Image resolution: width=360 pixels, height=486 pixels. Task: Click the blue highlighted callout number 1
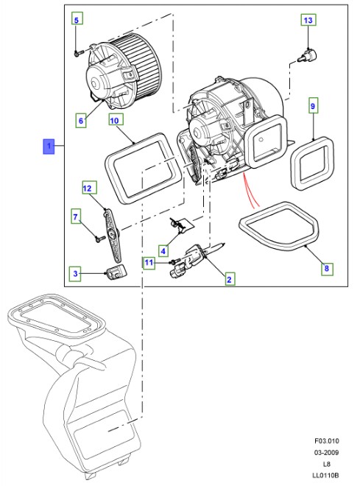tap(49, 147)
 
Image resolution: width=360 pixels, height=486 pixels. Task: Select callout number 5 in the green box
tap(77, 20)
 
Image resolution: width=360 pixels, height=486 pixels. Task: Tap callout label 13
tap(308, 20)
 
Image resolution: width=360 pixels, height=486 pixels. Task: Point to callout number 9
tap(313, 106)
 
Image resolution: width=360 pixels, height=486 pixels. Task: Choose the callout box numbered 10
tap(114, 120)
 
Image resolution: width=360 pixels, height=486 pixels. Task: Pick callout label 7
tap(75, 216)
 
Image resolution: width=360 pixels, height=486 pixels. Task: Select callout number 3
tap(76, 273)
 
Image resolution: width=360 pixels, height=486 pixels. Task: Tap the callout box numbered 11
tap(149, 263)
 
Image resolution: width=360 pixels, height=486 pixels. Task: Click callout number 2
tap(229, 280)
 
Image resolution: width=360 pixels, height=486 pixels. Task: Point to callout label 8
tap(327, 268)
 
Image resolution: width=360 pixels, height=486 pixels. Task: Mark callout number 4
tap(163, 251)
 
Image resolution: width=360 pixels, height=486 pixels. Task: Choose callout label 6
tap(81, 120)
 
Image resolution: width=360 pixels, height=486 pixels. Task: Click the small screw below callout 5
tap(77, 53)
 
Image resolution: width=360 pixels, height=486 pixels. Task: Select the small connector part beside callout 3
tap(117, 272)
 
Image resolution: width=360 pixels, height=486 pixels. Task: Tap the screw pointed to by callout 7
tap(100, 239)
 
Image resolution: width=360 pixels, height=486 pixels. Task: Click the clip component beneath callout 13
tap(307, 57)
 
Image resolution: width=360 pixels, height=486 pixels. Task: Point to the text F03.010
tap(327, 440)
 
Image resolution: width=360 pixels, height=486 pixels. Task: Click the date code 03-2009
tap(327, 452)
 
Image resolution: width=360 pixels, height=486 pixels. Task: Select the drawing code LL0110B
tap(325, 475)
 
